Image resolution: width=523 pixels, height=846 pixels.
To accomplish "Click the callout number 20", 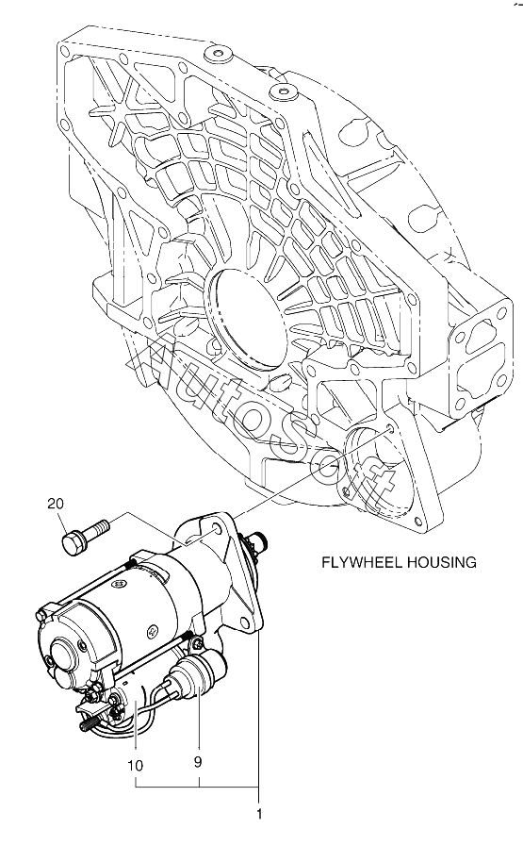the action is (x=56, y=504).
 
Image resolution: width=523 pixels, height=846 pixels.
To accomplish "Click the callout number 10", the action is (x=136, y=765).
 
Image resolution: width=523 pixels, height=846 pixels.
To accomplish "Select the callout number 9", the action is (x=198, y=762).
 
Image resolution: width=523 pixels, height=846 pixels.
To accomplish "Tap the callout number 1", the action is (x=259, y=814).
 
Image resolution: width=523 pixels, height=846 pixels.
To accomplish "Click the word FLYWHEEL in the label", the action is (x=361, y=562).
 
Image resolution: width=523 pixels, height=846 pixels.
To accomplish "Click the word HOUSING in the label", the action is (x=441, y=562).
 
